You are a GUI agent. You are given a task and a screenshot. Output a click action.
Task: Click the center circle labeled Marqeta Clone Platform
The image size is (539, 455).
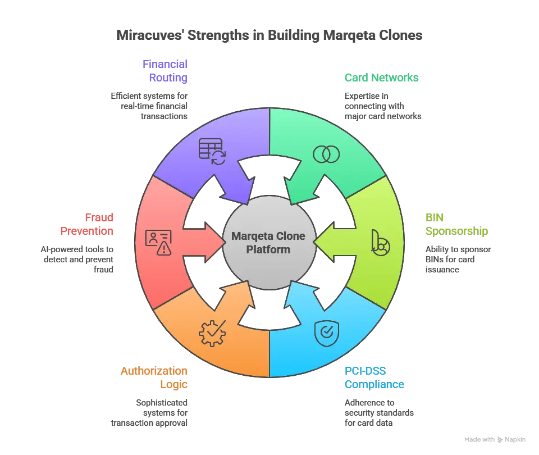point(269,242)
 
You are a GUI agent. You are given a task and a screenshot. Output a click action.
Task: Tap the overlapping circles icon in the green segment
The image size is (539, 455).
point(326,154)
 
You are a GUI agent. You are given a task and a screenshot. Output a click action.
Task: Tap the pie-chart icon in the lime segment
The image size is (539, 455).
point(380,242)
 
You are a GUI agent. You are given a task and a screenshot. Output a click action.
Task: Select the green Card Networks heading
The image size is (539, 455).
point(382,78)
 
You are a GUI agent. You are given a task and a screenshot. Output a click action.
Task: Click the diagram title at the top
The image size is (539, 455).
point(269,35)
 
